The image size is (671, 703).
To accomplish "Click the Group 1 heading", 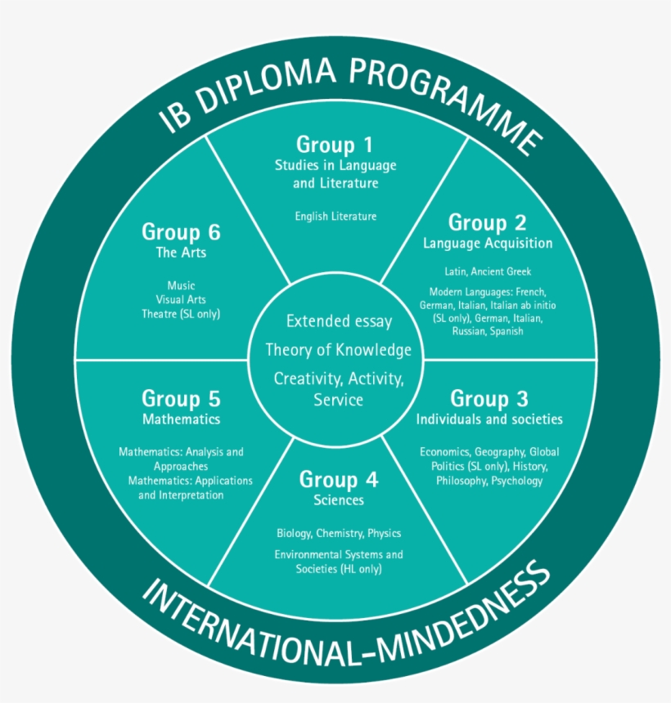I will [x=335, y=146].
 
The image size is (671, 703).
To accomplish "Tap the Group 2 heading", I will [x=487, y=222].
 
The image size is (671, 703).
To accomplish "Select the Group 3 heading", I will [x=489, y=399].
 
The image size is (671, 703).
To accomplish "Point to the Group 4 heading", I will [x=338, y=479].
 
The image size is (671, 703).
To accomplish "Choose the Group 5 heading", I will [x=181, y=399].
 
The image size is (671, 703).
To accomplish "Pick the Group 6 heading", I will [x=181, y=232].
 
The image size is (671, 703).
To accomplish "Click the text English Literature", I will [x=335, y=217].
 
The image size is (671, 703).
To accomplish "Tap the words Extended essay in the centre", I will [x=339, y=321].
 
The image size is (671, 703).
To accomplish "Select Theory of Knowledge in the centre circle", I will [x=338, y=350].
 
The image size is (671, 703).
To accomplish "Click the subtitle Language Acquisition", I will [x=488, y=244].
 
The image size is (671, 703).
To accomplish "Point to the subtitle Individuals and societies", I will [x=489, y=419].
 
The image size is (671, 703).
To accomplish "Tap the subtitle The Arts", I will [x=181, y=253].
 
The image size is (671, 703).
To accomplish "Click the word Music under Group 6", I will [x=181, y=285].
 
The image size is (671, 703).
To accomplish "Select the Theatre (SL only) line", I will [x=181, y=313].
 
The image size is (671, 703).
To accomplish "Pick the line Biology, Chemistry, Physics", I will [x=338, y=534].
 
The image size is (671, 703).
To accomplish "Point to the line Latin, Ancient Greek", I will [x=488, y=271].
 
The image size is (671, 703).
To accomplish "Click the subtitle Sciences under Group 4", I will [x=338, y=499].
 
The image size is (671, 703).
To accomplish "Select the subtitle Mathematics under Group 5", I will [x=181, y=419].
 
